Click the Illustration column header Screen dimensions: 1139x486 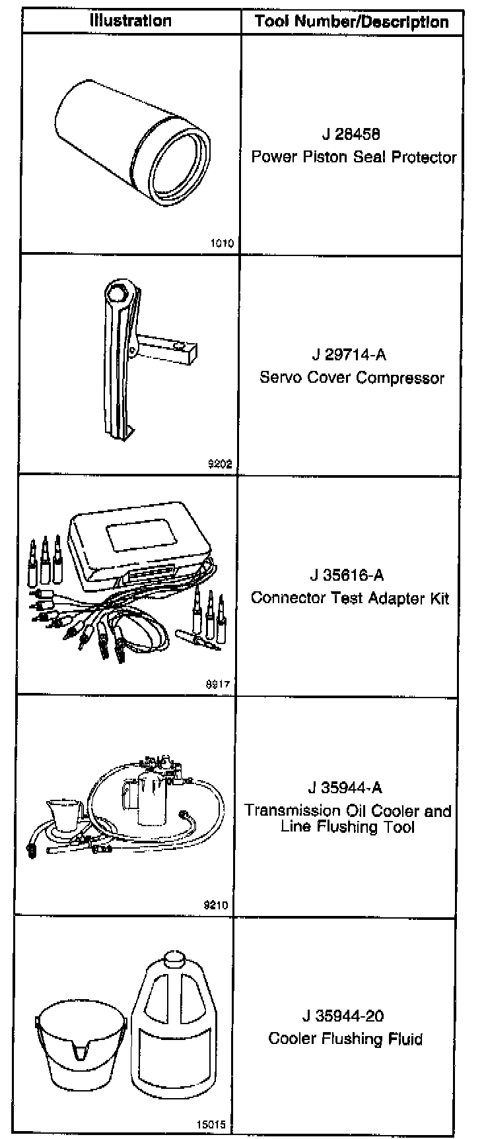pyautogui.click(x=131, y=20)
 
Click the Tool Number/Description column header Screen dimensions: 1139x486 pyautogui.click(x=351, y=22)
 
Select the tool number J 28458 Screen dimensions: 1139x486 pyautogui.click(x=351, y=135)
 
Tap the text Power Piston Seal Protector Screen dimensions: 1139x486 pyautogui.click(x=354, y=158)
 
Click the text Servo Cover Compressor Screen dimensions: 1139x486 pyautogui.click(x=352, y=378)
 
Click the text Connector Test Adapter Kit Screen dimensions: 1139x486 pyautogui.click(x=350, y=598)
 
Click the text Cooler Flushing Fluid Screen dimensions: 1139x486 pyautogui.click(x=345, y=1039)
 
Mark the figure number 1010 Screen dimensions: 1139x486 pyautogui.click(x=221, y=244)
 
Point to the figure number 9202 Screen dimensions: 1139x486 pyautogui.click(x=219, y=463)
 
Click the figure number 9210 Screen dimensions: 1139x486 pyautogui.click(x=217, y=905)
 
